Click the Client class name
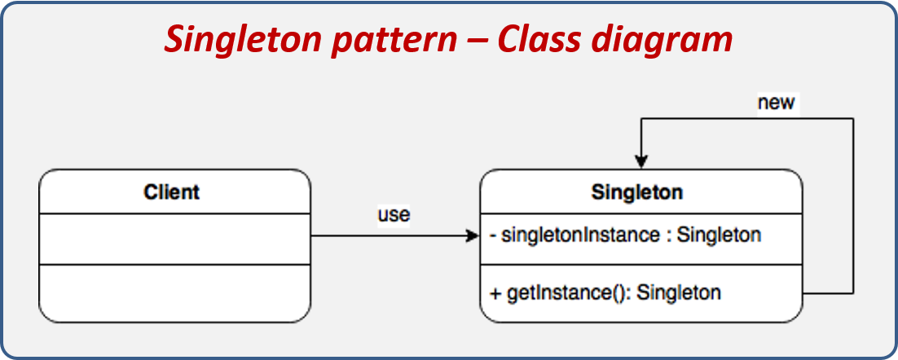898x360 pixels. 172,192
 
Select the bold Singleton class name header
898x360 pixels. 636,192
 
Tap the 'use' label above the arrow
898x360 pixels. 394,215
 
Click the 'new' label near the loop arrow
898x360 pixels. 776,103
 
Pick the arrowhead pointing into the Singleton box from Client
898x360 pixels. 471,236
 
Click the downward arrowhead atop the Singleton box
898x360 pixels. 641,162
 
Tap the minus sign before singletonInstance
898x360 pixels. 494,235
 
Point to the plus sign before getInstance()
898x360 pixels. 495,292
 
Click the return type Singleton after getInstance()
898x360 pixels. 678,292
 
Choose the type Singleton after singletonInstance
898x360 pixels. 719,235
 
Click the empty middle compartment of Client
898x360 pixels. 174,239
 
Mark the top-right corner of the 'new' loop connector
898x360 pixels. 853,119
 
